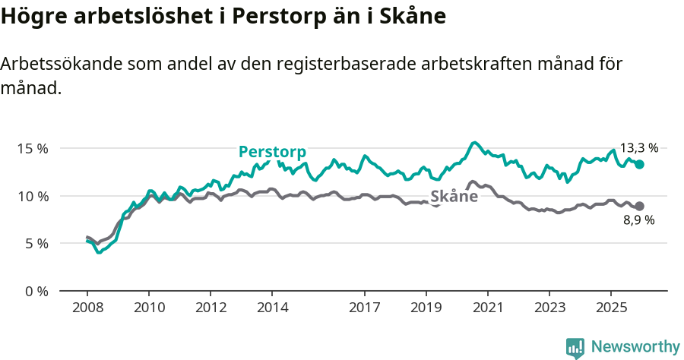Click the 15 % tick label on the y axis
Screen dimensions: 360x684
(32, 149)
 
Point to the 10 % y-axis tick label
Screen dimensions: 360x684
(32, 196)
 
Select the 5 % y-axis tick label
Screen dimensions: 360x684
(36, 244)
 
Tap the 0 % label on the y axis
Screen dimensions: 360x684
(36, 292)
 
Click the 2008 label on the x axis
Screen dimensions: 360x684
(87, 307)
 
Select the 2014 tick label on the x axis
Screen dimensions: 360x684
(272, 307)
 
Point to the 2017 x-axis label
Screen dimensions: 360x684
(365, 307)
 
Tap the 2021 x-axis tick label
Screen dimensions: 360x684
(487, 307)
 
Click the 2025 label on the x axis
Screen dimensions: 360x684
(610, 307)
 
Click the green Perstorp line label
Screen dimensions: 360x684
(271, 152)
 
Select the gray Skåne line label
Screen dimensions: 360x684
(454, 197)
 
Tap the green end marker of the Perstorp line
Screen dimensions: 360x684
(639, 164)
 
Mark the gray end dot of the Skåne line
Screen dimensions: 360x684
(639, 206)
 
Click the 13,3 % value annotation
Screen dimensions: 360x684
(638, 148)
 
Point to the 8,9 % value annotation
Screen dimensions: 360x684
(638, 221)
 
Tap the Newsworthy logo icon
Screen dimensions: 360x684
(575, 348)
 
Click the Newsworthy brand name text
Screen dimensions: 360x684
(635, 347)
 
